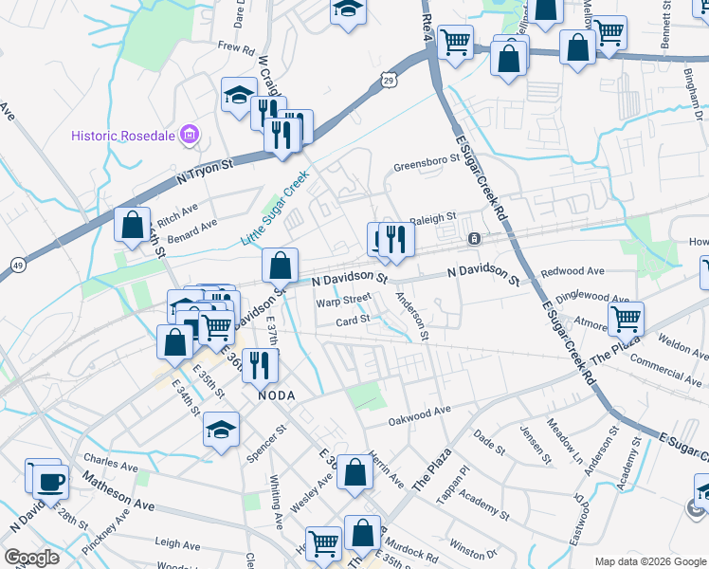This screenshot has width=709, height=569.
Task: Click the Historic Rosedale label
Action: [x=123, y=136]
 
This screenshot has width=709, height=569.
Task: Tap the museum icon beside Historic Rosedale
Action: [x=191, y=136]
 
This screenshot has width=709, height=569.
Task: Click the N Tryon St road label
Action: [x=205, y=171]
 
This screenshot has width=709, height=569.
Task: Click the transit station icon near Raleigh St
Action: [x=472, y=238]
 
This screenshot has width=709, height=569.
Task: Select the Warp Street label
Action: [x=343, y=300]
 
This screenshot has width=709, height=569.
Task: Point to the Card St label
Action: [x=353, y=320]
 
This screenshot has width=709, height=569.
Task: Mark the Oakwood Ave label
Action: [x=420, y=414]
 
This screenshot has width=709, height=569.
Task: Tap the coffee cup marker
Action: [x=50, y=481]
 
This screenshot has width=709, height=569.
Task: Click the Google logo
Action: [x=32, y=558]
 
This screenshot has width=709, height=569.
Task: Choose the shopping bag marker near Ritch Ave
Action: [x=132, y=225]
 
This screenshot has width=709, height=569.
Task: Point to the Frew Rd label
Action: [x=236, y=46]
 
